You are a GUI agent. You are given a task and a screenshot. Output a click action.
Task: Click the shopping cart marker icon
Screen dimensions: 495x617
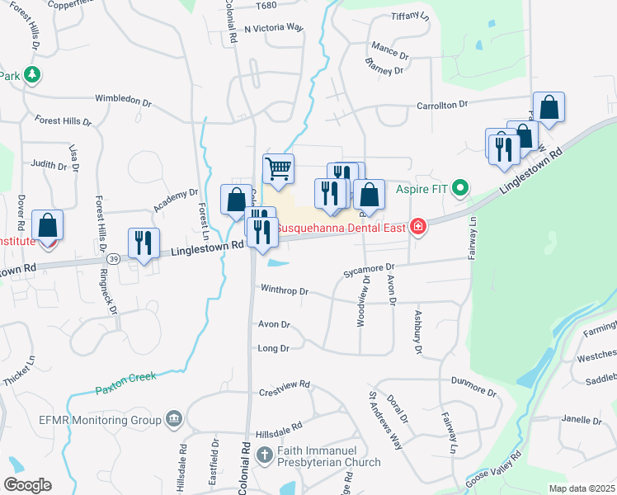click(x=279, y=169)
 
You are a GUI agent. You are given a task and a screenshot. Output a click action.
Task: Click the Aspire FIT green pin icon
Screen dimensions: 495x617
click(x=461, y=188)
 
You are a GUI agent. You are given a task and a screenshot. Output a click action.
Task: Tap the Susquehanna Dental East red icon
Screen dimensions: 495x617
click(x=420, y=225)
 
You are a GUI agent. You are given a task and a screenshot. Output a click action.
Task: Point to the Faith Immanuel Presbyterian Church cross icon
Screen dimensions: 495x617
click(x=264, y=455)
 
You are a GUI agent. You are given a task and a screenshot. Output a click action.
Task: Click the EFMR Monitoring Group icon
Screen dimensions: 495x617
click(x=174, y=419)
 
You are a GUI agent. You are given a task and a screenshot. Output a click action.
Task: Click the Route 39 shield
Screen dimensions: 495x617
click(x=114, y=259)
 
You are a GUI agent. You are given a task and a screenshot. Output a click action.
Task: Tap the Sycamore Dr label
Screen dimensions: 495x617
click(x=370, y=267)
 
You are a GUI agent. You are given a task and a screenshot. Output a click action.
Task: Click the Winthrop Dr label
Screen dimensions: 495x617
click(x=284, y=291)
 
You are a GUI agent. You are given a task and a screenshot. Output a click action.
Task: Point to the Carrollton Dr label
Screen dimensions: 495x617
click(x=442, y=105)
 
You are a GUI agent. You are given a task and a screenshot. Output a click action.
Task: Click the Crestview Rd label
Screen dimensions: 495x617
click(x=284, y=385)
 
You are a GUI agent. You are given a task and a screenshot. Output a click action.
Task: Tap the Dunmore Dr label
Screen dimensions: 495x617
click(x=471, y=380)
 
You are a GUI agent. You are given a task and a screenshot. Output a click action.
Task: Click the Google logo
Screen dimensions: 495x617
click(x=27, y=485)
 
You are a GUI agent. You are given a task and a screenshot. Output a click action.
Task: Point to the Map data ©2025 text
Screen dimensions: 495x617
click(x=582, y=488)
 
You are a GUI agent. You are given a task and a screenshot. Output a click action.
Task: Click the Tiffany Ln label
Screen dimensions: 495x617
click(x=410, y=16)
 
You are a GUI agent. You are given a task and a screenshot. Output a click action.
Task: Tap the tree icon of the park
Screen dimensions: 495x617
click(x=32, y=75)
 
